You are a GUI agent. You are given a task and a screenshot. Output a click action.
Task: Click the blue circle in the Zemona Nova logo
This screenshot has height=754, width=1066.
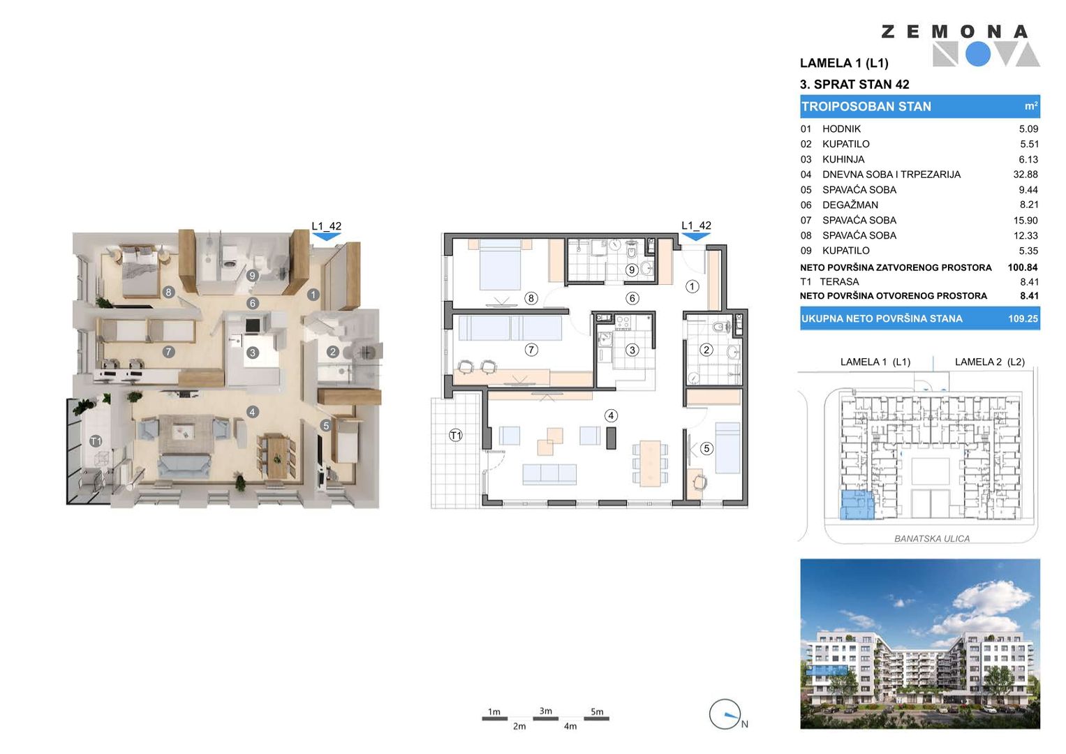(x=978, y=54)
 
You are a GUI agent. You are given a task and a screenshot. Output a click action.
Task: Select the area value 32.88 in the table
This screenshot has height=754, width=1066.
(x=1025, y=175)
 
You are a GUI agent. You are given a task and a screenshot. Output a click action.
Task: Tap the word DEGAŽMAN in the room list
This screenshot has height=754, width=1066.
(x=850, y=205)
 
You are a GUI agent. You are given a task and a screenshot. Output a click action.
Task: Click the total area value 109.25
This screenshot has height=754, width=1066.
(x=1023, y=318)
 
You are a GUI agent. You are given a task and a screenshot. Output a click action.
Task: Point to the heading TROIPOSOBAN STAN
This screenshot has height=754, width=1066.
(x=866, y=107)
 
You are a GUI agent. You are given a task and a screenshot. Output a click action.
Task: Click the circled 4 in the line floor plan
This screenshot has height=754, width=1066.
(x=611, y=415)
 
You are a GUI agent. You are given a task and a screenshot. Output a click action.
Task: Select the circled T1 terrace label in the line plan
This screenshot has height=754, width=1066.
(x=455, y=435)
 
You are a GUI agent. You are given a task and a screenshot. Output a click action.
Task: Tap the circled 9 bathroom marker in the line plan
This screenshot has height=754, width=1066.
(x=632, y=270)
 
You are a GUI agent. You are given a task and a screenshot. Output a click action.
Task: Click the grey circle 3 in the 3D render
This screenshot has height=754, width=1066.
(x=252, y=353)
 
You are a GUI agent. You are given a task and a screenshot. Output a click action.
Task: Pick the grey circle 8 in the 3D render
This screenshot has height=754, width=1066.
(x=168, y=292)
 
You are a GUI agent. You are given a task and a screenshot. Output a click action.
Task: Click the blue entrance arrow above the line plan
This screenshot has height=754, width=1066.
(x=696, y=237)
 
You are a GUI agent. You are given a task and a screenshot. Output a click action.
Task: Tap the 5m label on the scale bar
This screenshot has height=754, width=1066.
(x=597, y=711)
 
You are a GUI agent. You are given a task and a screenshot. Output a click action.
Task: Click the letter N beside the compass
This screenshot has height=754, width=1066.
(x=745, y=724)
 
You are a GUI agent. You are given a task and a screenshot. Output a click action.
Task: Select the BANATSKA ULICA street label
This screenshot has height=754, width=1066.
(x=932, y=539)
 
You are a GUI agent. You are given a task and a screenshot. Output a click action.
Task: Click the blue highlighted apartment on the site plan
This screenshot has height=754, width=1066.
(x=857, y=505)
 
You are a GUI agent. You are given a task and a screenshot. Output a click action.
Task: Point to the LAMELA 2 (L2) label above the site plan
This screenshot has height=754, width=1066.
(x=990, y=362)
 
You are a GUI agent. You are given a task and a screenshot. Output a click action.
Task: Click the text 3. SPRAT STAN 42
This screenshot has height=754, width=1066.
(x=854, y=84)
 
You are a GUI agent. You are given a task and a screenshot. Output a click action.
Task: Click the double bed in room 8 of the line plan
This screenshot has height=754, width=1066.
(x=500, y=264)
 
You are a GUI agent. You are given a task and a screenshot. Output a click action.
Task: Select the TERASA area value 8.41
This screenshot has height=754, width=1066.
(x=1029, y=282)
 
